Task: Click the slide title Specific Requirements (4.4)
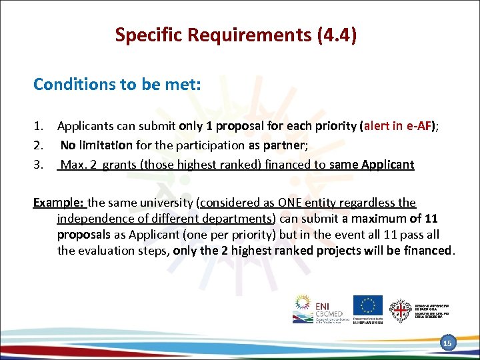point(235,35)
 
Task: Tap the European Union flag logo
point(367,306)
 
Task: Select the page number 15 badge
point(447,343)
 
